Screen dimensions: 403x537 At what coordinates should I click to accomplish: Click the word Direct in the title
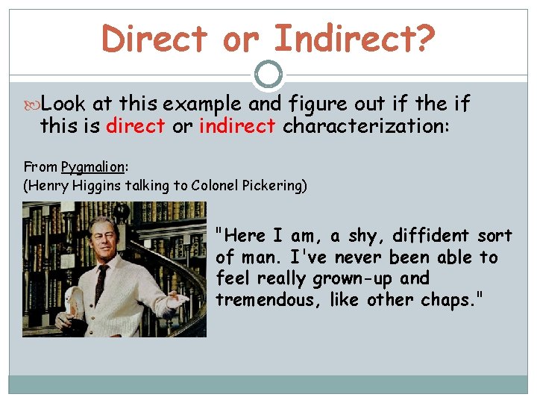click(x=154, y=38)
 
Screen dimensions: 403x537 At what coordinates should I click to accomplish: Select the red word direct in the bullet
click(x=135, y=125)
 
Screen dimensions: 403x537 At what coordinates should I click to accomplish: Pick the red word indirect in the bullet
click(x=237, y=125)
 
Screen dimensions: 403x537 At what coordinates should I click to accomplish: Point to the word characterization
click(x=365, y=125)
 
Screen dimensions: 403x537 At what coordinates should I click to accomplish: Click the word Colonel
click(x=216, y=186)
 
